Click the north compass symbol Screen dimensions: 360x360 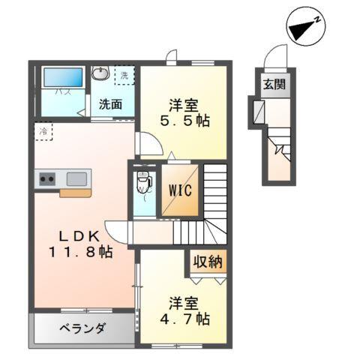[x=304, y=26]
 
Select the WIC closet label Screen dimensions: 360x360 [x=178, y=190]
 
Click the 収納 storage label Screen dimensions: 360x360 [x=206, y=262]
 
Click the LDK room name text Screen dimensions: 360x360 [x=76, y=234]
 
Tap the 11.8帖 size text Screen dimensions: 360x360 [x=80, y=252]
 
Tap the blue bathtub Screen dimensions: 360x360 [x=62, y=78]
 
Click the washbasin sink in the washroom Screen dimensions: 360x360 [x=100, y=73]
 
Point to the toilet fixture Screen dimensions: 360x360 [x=142, y=182]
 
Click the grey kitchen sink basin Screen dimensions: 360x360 [x=77, y=178]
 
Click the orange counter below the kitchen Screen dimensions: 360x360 [x=76, y=193]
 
